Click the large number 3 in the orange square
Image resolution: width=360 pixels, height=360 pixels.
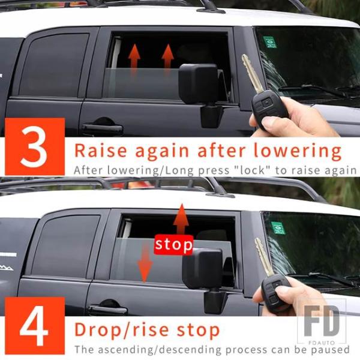(34, 146)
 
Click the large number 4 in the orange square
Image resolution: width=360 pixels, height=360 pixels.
(34, 326)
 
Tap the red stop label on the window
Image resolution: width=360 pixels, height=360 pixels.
(173, 245)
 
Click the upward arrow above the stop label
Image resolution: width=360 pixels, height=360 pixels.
(181, 219)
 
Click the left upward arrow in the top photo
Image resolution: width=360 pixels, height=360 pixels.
(134, 56)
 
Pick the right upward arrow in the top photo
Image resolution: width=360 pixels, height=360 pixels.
(167, 56)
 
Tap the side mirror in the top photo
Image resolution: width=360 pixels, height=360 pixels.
(200, 92)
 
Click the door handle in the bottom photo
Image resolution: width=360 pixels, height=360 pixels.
(108, 308)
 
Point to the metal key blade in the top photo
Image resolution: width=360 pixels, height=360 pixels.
(251, 73)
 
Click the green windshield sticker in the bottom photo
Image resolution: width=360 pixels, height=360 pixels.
(278, 228)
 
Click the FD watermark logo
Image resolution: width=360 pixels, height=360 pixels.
(322, 322)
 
